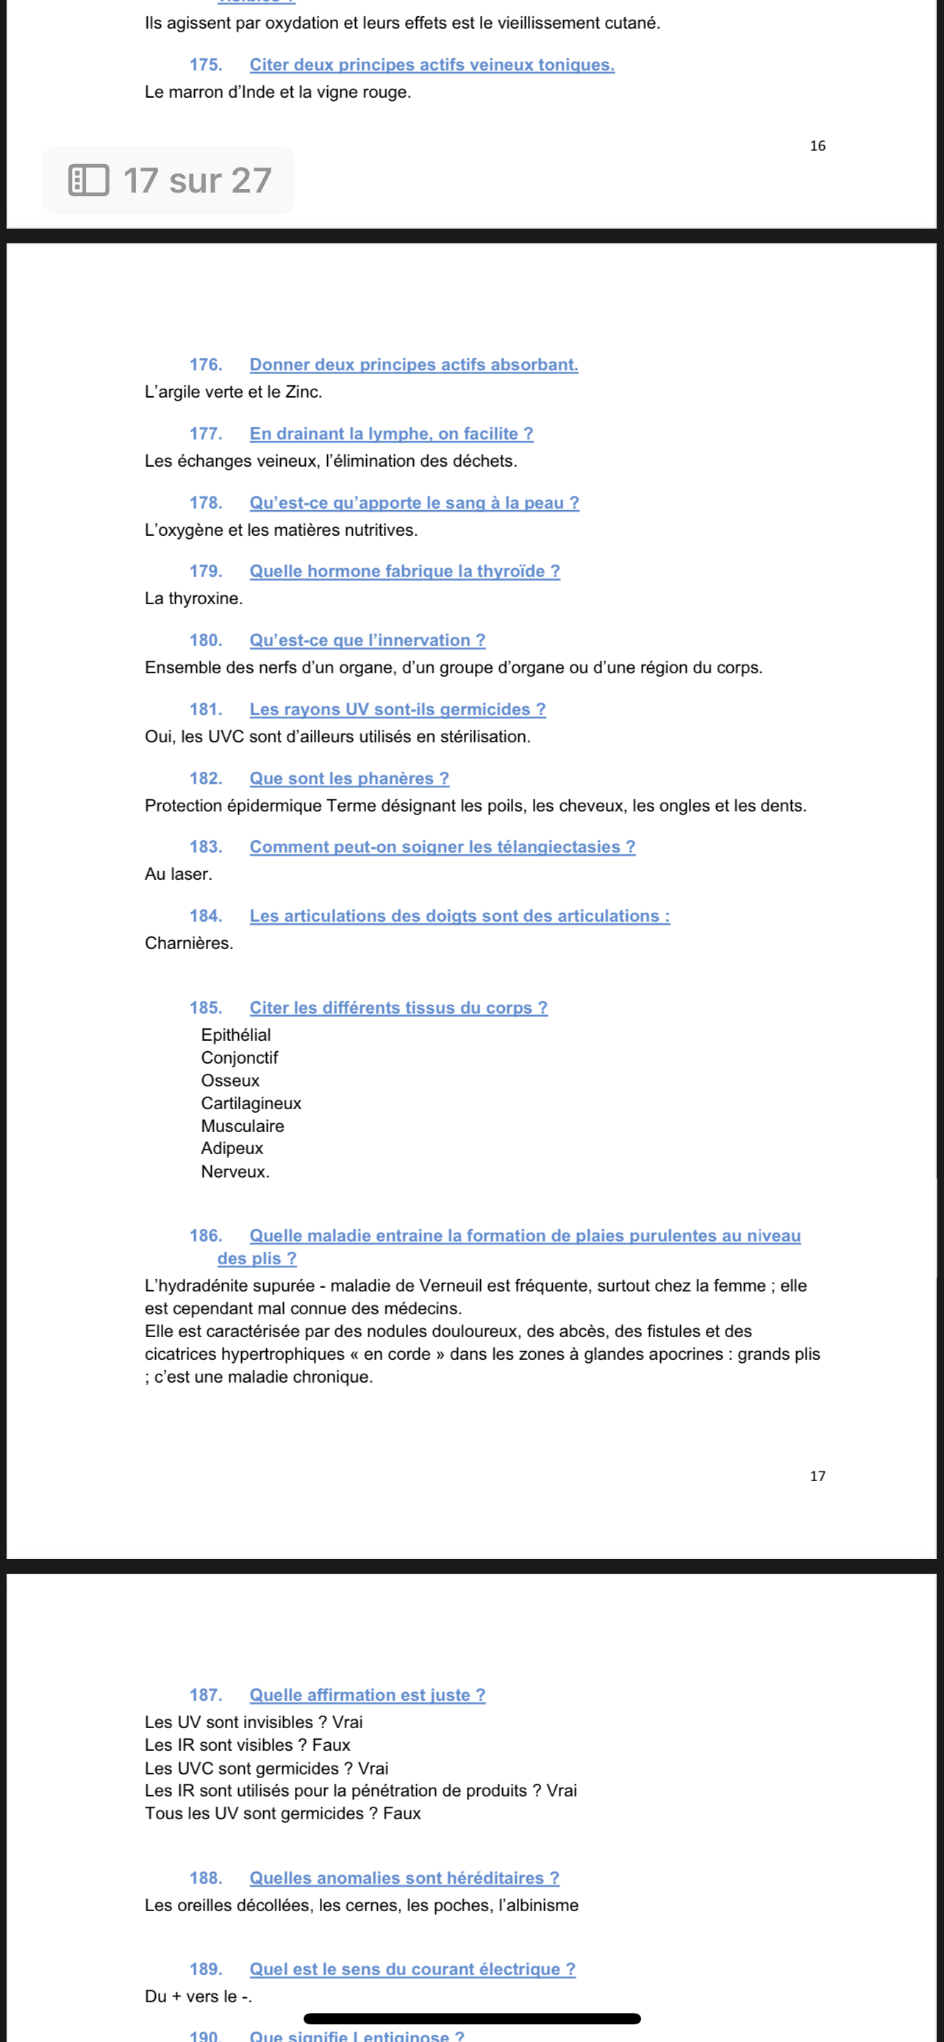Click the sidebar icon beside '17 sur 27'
click(x=89, y=180)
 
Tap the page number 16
click(x=818, y=146)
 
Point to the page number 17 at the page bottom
click(x=818, y=1476)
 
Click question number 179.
click(x=205, y=572)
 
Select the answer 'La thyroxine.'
click(x=193, y=598)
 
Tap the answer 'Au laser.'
click(x=179, y=874)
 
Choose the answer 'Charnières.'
click(x=189, y=943)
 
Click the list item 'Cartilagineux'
click(x=251, y=1103)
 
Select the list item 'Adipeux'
click(x=232, y=1149)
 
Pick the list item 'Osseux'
click(x=230, y=1081)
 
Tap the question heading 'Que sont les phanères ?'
click(x=348, y=778)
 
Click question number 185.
click(x=205, y=1009)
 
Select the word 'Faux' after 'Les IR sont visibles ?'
click(x=332, y=1745)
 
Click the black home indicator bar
click(x=471, y=2018)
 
